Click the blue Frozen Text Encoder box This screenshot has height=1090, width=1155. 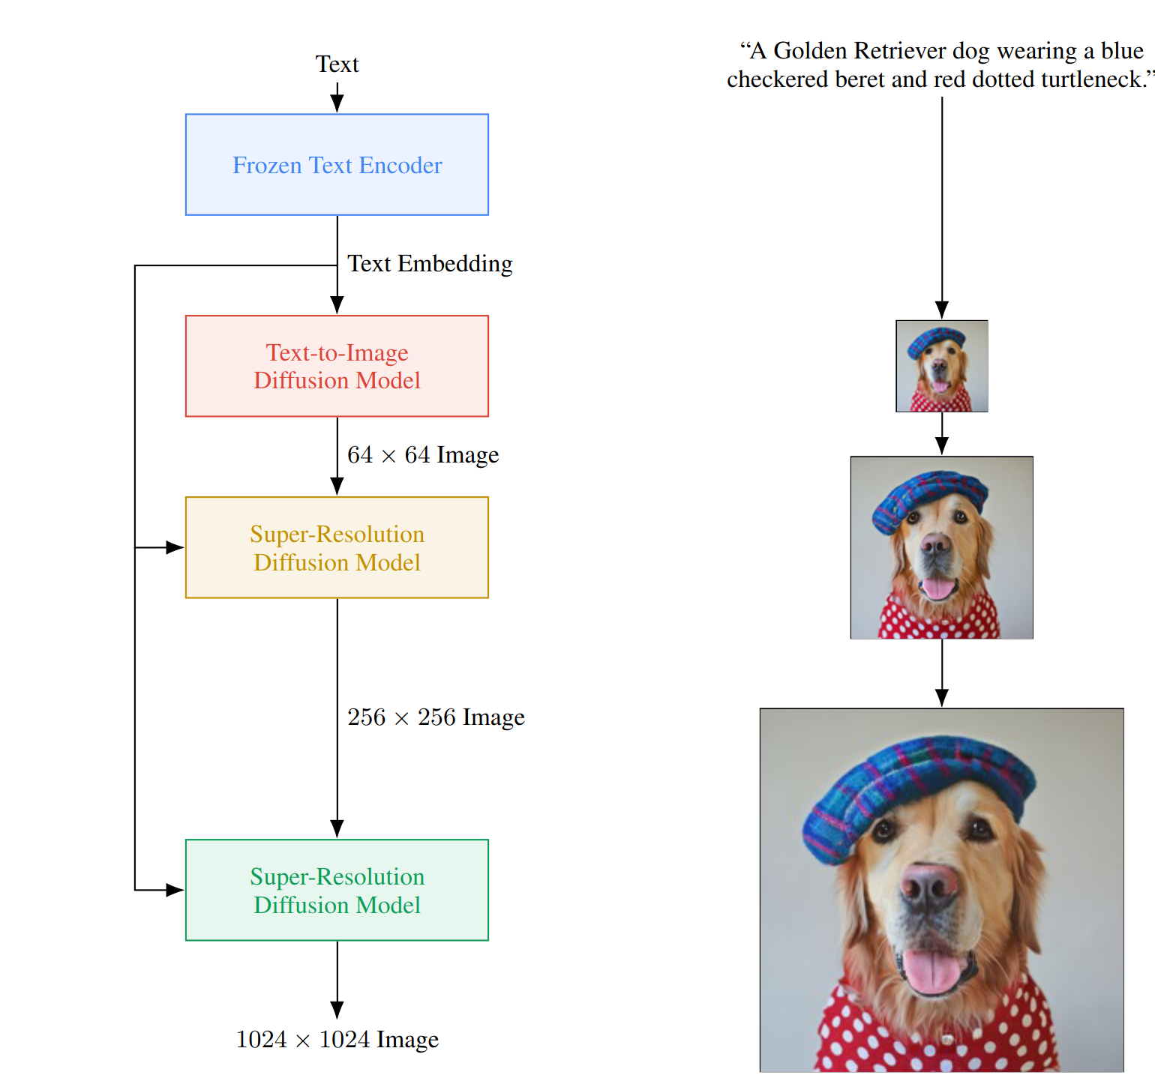pos(337,165)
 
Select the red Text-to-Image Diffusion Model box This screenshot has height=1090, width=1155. pos(337,366)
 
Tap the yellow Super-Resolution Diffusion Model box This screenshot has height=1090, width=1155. pos(337,547)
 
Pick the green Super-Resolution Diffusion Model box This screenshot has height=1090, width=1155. pos(337,890)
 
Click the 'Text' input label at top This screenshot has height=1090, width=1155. pos(337,64)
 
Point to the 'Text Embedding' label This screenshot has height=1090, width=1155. pos(430,264)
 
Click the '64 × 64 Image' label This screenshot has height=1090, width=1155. pos(423,455)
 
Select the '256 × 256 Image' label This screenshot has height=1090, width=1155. pos(436,717)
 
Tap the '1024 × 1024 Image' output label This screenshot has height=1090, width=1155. pos(337,1040)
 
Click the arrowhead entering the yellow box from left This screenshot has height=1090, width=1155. pos(175,548)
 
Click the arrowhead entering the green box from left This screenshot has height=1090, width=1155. pos(175,891)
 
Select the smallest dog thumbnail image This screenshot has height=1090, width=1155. pos(942,367)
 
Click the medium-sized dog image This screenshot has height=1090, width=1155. pos(942,548)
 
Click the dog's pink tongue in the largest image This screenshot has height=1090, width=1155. pos(931,971)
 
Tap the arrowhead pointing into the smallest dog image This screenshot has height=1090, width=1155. pos(942,310)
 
